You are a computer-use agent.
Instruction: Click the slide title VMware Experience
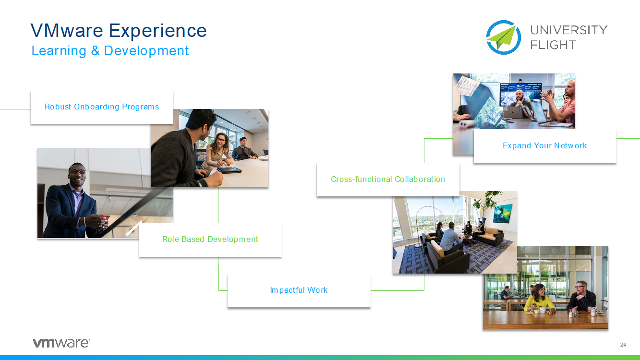click(x=119, y=31)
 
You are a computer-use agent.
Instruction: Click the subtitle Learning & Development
click(x=110, y=51)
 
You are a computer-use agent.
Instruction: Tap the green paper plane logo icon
click(x=504, y=37)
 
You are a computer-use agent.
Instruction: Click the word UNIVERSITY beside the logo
click(x=568, y=30)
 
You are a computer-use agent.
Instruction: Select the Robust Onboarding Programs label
click(x=102, y=107)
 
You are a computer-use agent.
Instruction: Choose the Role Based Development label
click(x=210, y=240)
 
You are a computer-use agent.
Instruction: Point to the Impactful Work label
click(x=299, y=290)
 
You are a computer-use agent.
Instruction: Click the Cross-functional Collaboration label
click(x=388, y=179)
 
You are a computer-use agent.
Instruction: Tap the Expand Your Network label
click(x=545, y=146)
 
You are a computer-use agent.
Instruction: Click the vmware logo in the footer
click(x=61, y=343)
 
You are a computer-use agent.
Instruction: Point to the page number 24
click(x=623, y=345)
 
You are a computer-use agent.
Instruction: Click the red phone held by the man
click(x=105, y=218)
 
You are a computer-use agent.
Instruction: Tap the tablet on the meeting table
click(x=229, y=170)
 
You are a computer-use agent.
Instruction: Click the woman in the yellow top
click(x=539, y=299)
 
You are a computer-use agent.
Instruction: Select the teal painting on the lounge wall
click(x=503, y=214)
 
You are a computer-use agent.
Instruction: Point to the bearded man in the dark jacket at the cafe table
click(x=581, y=297)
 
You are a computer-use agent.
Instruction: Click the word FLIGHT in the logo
click(x=553, y=45)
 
